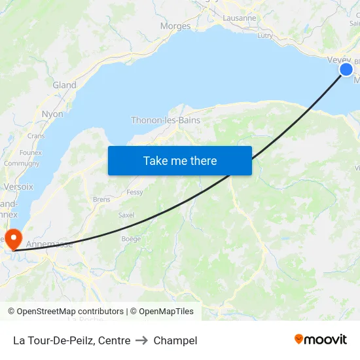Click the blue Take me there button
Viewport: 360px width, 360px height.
pyautogui.click(x=180, y=160)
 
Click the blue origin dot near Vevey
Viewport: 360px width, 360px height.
pyautogui.click(x=346, y=69)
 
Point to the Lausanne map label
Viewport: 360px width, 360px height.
pyautogui.click(x=240, y=18)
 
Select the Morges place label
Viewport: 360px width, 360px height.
pyautogui.click(x=175, y=27)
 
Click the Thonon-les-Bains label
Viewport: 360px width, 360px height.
pyautogui.click(x=166, y=120)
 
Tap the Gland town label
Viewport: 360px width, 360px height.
pyautogui.click(x=64, y=85)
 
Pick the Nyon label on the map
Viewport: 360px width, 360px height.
pyautogui.click(x=52, y=114)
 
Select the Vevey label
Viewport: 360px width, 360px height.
pyautogui.click(x=338, y=60)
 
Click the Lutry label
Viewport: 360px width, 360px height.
pyautogui.click(x=265, y=36)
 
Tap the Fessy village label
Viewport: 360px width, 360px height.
pyautogui.click(x=135, y=192)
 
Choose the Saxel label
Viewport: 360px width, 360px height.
pyautogui.click(x=126, y=215)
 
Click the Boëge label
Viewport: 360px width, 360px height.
pyautogui.click(x=131, y=239)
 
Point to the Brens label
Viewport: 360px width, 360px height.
pyautogui.click(x=101, y=199)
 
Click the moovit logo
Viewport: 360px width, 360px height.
pyautogui.click(x=321, y=339)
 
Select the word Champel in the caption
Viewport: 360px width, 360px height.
pyautogui.click(x=175, y=340)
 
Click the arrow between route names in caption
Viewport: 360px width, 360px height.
pyautogui.click(x=142, y=340)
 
